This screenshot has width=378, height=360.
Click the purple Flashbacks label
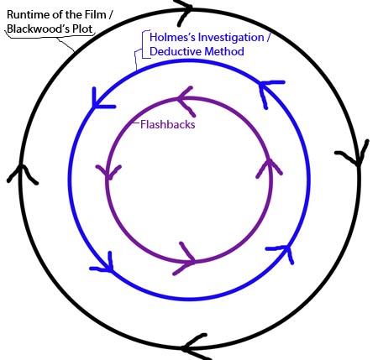click(x=168, y=124)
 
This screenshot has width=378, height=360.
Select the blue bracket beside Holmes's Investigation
click(x=143, y=44)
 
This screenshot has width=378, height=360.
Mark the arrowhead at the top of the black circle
click(x=183, y=11)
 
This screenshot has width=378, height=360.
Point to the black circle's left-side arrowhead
click(x=21, y=174)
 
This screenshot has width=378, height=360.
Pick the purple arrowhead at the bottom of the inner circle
click(x=186, y=259)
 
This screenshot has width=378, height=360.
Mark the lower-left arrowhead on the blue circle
click(x=104, y=264)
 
